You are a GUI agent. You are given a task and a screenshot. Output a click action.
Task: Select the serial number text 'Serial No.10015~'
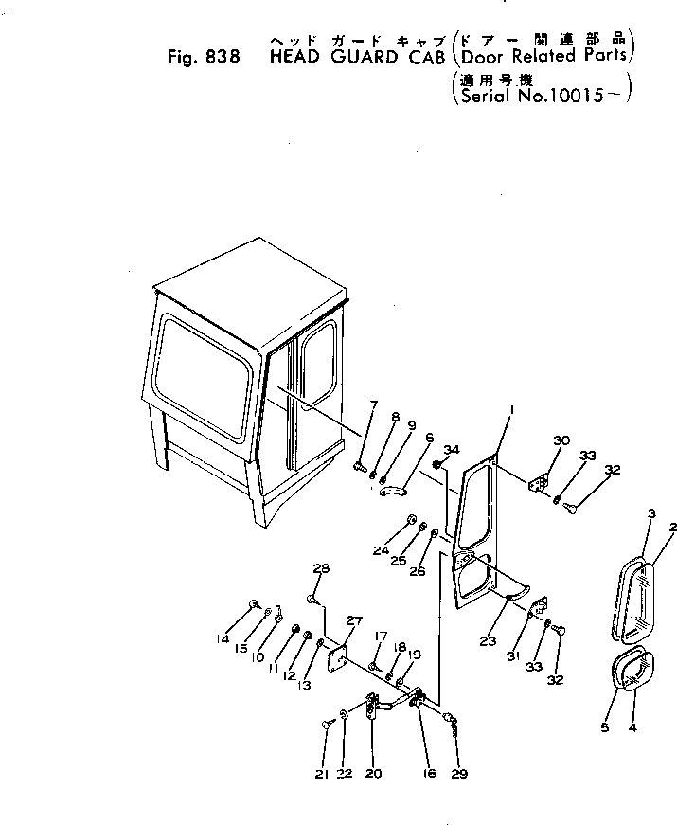pyautogui.click(x=540, y=95)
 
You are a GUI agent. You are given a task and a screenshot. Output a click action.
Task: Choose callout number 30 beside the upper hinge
pyautogui.click(x=561, y=440)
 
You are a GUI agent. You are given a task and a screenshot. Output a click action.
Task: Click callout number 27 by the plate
pyautogui.click(x=354, y=621)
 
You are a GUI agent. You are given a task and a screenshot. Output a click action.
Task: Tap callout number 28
pyautogui.click(x=321, y=568)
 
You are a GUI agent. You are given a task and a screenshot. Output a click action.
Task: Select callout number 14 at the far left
pyautogui.click(x=223, y=638)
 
